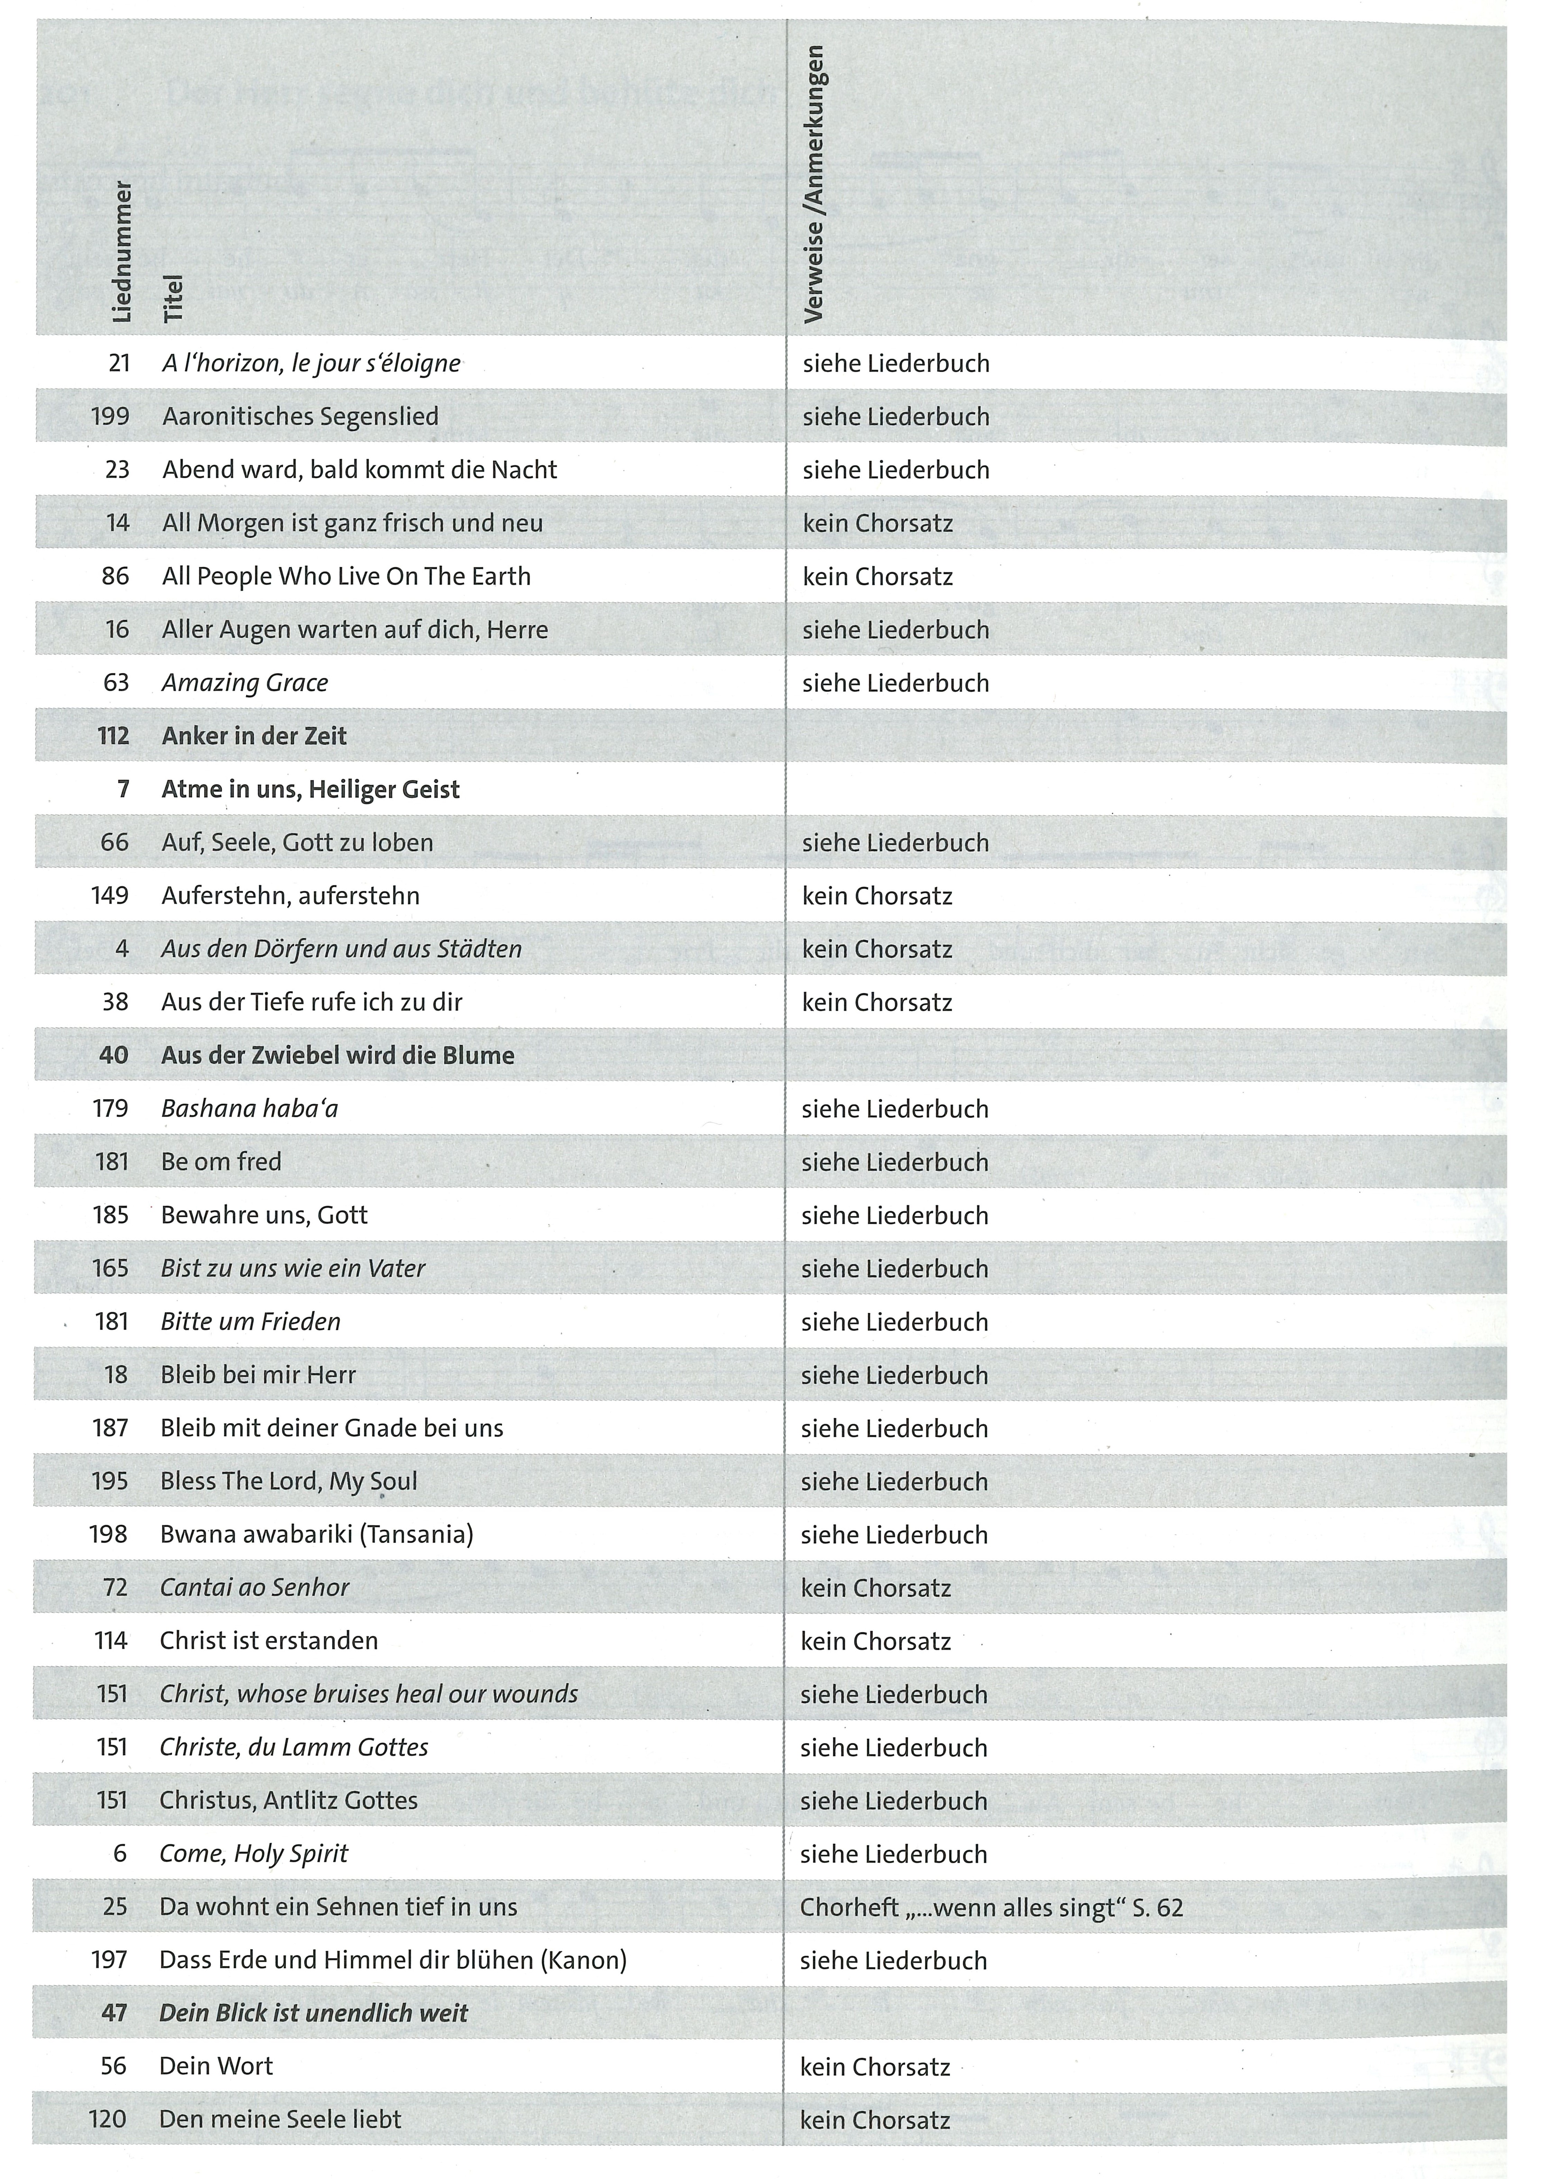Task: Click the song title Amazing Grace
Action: tap(245, 683)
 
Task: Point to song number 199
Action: tap(111, 417)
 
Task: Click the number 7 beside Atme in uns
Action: tap(123, 789)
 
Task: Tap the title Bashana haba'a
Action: tap(250, 1109)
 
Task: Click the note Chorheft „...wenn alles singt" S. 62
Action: tap(991, 1907)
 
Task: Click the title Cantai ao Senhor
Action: tap(255, 1587)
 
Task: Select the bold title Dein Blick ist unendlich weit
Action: tap(314, 2013)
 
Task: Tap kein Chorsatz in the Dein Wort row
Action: tap(875, 2067)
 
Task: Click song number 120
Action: tap(108, 2119)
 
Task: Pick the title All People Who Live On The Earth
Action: tap(346, 576)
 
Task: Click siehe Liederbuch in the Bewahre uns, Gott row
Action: tap(894, 1215)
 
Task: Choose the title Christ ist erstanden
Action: tap(269, 1641)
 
